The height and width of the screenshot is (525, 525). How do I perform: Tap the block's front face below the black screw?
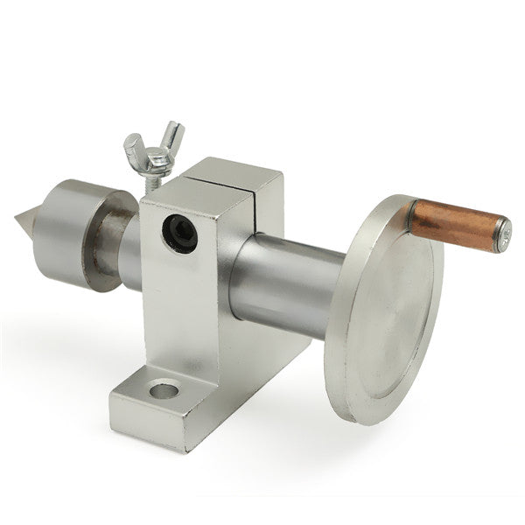point(188,306)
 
